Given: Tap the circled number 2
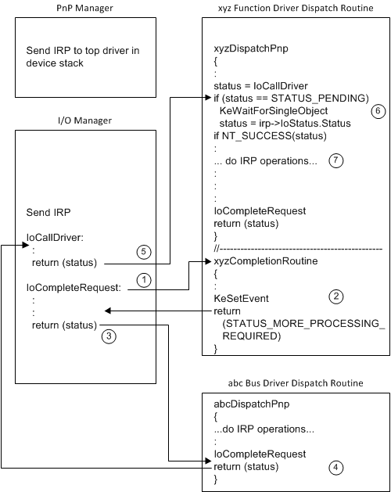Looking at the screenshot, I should pyautogui.click(x=335, y=296).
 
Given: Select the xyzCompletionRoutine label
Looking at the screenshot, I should pyautogui.click(x=264, y=260).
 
